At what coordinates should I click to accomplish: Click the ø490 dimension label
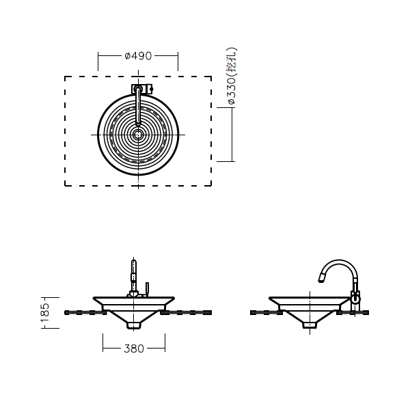pos(138,56)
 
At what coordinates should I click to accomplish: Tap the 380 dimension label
pos(134,348)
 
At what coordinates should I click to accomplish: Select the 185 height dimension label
pos(45,313)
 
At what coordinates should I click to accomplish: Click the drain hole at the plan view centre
pos(138,135)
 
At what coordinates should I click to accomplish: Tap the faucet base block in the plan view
pos(141,89)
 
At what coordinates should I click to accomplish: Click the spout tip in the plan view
pos(138,122)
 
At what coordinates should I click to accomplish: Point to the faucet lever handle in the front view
pos(147,289)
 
